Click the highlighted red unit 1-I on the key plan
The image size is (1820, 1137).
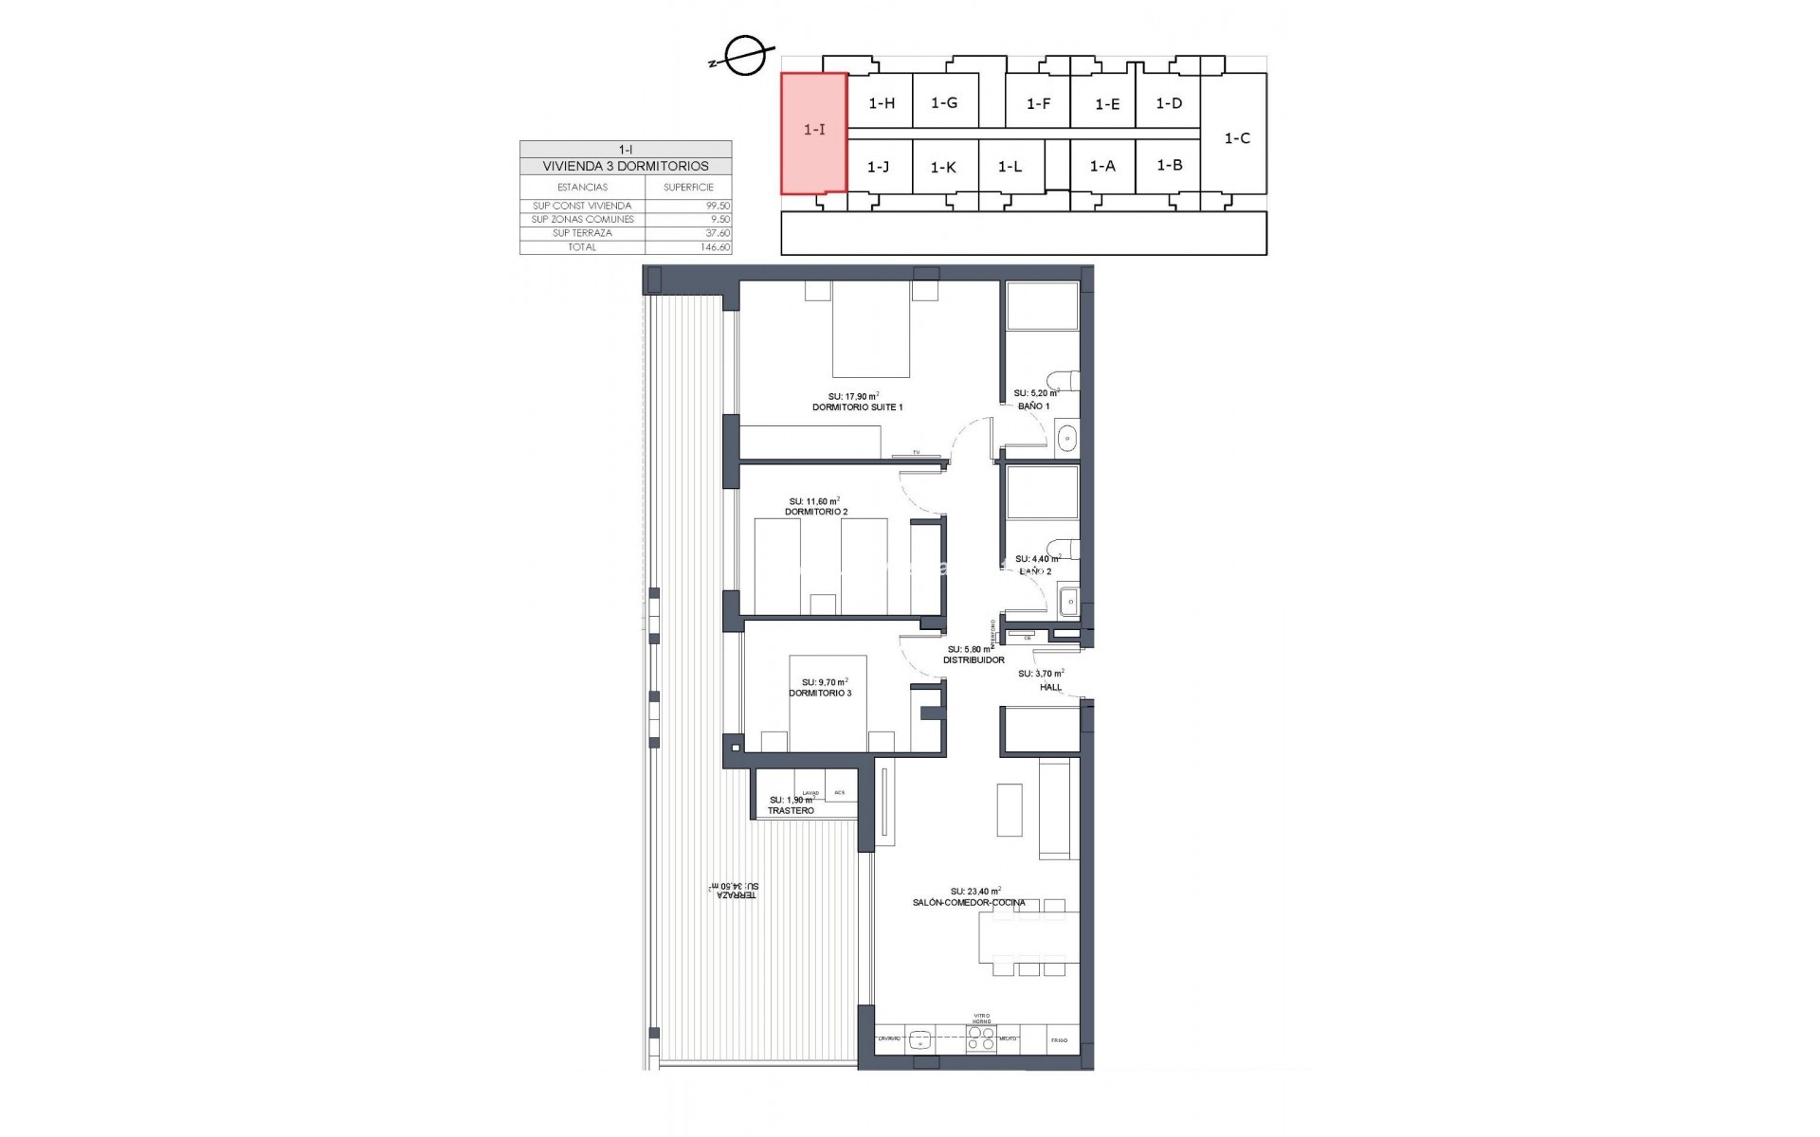click(813, 132)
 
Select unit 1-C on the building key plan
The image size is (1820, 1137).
click(1237, 138)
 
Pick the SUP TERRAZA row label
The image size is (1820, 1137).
click(582, 233)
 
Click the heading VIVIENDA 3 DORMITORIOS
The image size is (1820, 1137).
click(626, 166)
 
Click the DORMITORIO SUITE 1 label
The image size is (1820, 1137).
click(857, 407)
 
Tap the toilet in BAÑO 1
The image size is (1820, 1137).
click(1068, 380)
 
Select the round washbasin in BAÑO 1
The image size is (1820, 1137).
click(1066, 438)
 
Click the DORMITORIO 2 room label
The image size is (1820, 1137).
click(815, 512)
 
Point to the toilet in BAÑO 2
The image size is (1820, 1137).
click(1067, 550)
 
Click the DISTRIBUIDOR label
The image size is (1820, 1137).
click(973, 660)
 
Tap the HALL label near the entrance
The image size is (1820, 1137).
click(1050, 687)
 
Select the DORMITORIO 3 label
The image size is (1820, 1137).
click(820, 694)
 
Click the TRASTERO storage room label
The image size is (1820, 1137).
click(791, 811)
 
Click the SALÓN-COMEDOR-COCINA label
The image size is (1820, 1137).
click(968, 903)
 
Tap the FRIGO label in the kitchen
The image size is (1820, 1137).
click(1059, 1040)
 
